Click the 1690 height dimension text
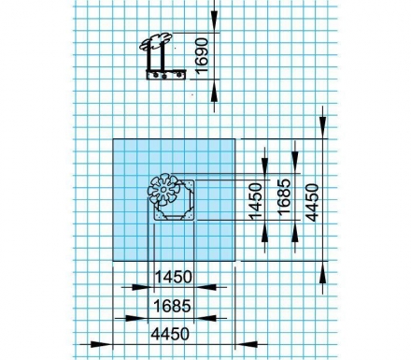tap(203, 55)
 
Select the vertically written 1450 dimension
tap(256, 201)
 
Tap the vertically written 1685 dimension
tap(284, 197)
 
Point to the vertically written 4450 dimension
tap(313, 203)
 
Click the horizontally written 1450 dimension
tap(173, 277)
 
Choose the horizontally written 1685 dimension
tap(172, 306)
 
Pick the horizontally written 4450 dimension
tap(170, 334)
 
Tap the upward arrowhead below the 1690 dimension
tap(214, 92)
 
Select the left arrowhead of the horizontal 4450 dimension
tap(101, 344)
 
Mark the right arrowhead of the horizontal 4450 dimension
tap(247, 344)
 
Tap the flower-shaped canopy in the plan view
tap(163, 190)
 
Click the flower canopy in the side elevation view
tap(155, 41)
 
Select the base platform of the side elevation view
tap(166, 75)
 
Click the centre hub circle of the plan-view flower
tap(163, 190)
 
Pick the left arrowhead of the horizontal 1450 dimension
tap(143, 287)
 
